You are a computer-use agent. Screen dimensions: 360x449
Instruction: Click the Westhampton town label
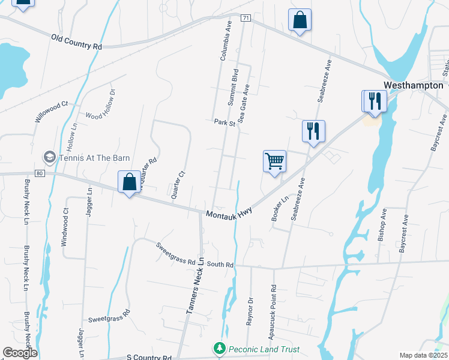[413, 85]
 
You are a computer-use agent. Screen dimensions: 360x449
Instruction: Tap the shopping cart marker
[274, 161]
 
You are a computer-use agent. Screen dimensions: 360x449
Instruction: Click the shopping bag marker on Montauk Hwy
[130, 182]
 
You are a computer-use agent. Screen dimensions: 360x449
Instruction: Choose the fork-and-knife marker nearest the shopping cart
[313, 131]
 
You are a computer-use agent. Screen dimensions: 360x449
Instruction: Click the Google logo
[20, 352]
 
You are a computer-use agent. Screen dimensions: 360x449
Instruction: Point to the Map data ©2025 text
[423, 355]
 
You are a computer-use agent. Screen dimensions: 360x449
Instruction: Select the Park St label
[224, 122]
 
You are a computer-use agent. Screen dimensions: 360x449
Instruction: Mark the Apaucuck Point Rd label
[273, 305]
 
